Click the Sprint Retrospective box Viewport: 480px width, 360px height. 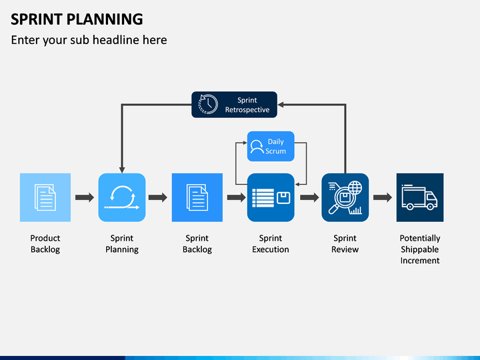(x=234, y=105)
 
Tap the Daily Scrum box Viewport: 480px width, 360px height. (x=271, y=146)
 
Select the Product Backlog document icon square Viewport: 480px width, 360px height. (x=45, y=197)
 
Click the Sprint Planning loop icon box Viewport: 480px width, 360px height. (x=122, y=197)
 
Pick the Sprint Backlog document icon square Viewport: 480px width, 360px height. (x=197, y=197)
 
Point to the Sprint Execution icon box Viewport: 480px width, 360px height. (x=271, y=197)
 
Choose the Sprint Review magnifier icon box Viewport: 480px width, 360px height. (x=345, y=197)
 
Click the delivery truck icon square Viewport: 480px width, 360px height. (x=420, y=197)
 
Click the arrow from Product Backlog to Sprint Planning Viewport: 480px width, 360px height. (x=85, y=197)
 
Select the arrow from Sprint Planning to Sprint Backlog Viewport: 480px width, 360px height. (x=158, y=197)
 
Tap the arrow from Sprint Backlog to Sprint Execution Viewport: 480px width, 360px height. (x=236, y=197)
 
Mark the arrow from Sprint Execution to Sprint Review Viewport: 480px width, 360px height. (x=309, y=197)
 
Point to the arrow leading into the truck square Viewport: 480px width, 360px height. (x=383, y=197)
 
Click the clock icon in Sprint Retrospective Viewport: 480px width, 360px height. (x=208, y=104)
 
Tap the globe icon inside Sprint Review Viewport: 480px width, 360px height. (x=355, y=187)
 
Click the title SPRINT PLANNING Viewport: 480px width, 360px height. (x=77, y=19)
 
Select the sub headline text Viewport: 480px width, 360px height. (x=89, y=40)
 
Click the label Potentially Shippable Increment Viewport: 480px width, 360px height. (x=420, y=249)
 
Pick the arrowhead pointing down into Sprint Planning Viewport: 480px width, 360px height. (x=122, y=170)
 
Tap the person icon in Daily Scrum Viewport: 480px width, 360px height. (x=257, y=147)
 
